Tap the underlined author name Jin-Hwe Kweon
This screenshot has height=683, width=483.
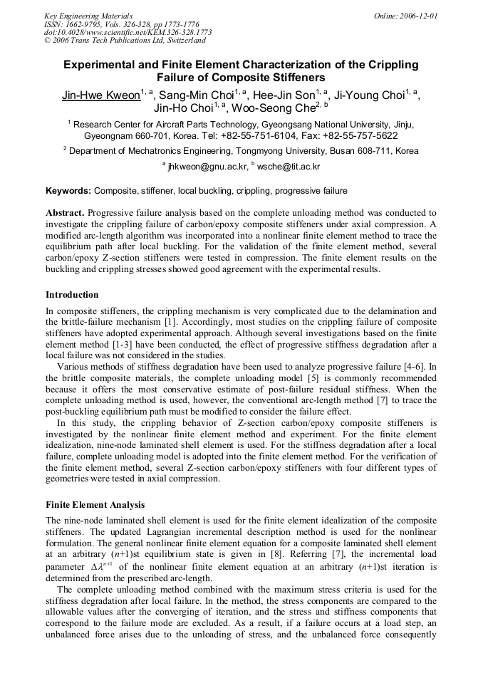100,95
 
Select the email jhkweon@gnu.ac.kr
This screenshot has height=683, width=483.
207,167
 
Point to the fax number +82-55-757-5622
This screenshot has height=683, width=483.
353,135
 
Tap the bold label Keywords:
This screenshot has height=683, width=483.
68,191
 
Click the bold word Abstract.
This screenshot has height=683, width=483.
66,213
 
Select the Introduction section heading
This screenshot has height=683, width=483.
72,294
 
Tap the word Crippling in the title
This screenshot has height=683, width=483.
391,65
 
